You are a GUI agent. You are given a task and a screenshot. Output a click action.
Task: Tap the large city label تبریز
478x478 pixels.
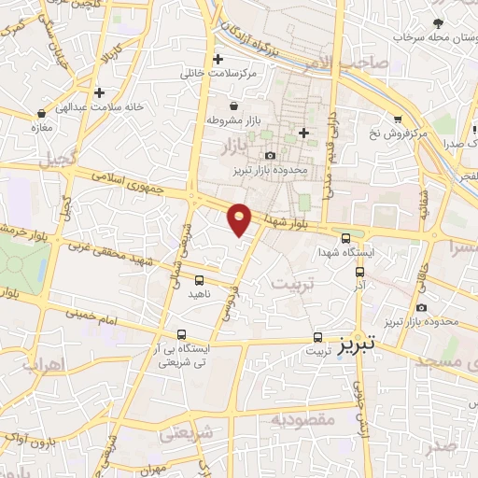pos(355,344)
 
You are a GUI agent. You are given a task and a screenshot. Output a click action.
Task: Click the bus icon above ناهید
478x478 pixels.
pos(199,279)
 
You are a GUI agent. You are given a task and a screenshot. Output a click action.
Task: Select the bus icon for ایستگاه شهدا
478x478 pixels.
pos(347,239)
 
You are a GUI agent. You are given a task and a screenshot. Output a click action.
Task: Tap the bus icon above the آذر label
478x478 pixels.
pos(360,272)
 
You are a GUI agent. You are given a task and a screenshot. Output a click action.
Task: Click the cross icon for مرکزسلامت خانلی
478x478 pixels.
pos(218,59)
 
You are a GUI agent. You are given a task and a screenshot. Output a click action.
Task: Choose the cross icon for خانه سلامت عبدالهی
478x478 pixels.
pos(99,92)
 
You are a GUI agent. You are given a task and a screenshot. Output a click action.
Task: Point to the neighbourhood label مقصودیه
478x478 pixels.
pos(301,419)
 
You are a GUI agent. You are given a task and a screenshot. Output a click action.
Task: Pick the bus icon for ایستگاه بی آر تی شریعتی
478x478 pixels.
pos(183,334)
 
